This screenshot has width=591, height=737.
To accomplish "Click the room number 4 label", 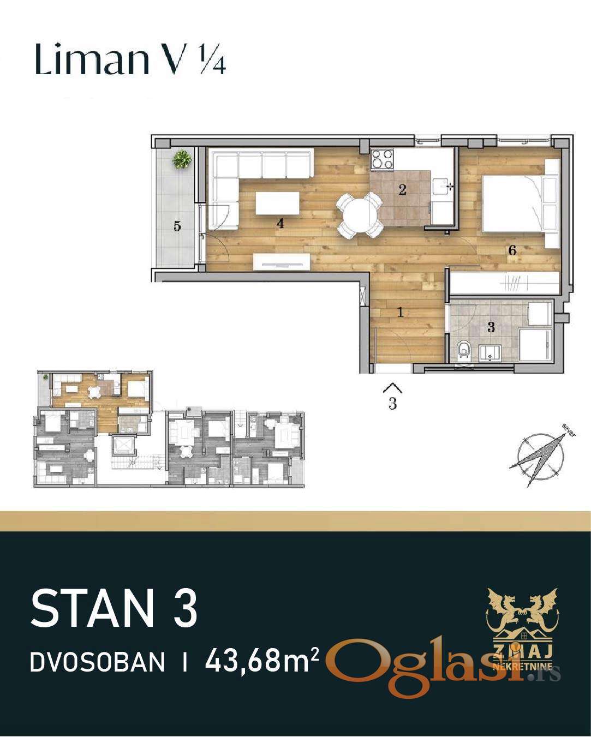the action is [280, 224].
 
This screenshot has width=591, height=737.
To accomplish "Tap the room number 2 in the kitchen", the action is [402, 189].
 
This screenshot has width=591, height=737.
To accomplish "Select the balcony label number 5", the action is [177, 226].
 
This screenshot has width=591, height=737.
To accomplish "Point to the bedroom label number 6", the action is [512, 250].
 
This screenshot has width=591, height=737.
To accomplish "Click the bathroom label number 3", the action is [491, 327].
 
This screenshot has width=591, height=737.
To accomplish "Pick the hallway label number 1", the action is [399, 313].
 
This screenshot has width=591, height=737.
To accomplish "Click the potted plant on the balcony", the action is [182, 159].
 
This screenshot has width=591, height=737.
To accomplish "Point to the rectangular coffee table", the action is [277, 203].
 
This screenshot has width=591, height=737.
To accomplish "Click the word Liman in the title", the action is [92, 59].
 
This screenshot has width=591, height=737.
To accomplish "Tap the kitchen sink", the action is [443, 187].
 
